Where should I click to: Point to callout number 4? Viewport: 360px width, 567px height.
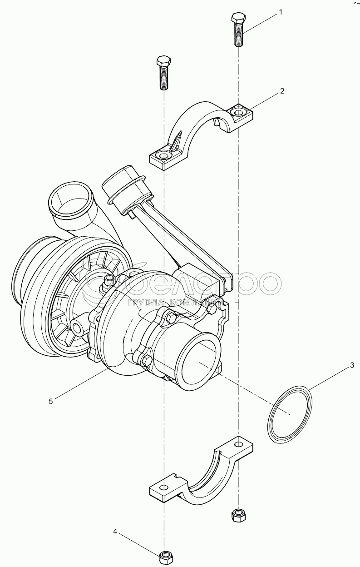click(116, 531)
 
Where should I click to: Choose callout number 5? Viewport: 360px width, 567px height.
click(51, 401)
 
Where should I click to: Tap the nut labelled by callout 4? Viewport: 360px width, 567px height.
click(164, 555)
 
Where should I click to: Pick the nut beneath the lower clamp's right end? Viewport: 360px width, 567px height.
click(237, 514)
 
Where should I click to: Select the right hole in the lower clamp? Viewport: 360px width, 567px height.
click(238, 443)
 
